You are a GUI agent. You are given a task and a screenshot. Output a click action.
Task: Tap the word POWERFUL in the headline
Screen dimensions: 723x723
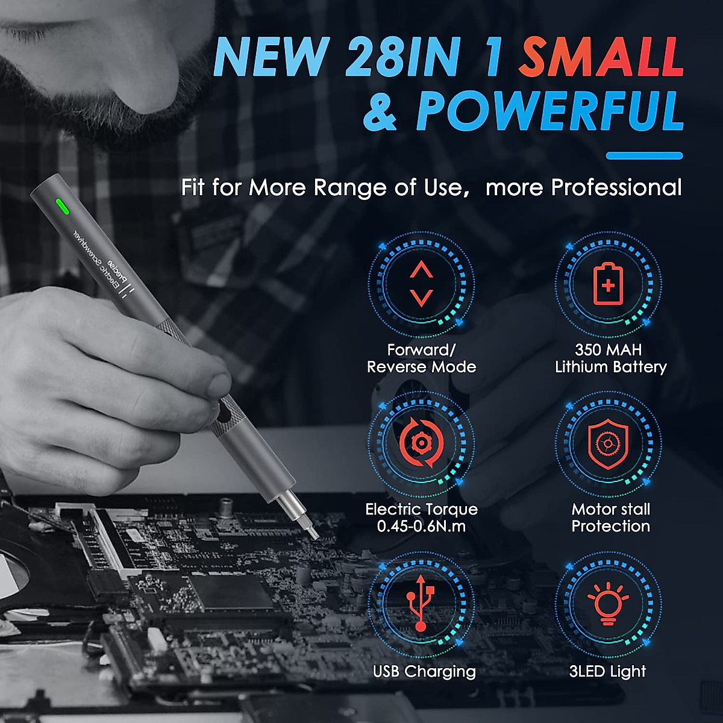pyautogui.click(x=549, y=111)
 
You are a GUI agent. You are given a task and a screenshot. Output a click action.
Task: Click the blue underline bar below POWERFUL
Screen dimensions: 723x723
pyautogui.click(x=644, y=155)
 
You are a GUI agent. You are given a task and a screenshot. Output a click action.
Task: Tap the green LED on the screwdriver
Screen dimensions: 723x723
pyautogui.click(x=61, y=207)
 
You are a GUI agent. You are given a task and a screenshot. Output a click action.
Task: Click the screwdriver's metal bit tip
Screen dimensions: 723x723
pyautogui.click(x=313, y=532)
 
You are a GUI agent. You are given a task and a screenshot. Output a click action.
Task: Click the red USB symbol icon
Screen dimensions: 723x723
pyautogui.click(x=421, y=602)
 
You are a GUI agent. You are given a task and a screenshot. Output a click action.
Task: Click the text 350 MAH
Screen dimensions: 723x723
pyautogui.click(x=608, y=350)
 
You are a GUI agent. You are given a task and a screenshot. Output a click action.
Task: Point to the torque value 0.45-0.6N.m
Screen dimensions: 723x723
pyautogui.click(x=421, y=526)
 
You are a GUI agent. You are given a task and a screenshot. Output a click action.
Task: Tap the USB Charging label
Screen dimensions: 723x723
pyautogui.click(x=424, y=671)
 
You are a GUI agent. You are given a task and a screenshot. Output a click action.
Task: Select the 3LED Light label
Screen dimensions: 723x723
pyautogui.click(x=607, y=671)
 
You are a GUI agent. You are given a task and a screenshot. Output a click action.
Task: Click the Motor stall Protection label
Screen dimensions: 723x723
pyautogui.click(x=610, y=518)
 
